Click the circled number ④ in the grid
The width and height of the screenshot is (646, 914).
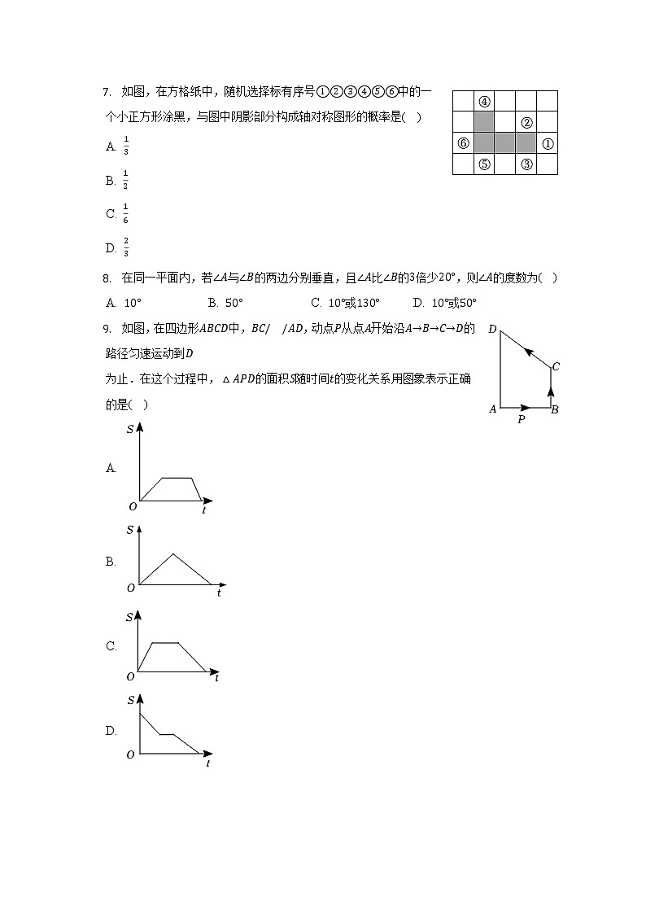(x=484, y=102)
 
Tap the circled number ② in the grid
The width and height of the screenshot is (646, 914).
(x=526, y=123)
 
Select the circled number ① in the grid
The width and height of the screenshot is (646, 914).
(x=548, y=144)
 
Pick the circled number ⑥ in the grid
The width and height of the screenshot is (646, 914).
(x=463, y=144)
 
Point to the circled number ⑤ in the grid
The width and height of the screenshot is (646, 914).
(x=484, y=164)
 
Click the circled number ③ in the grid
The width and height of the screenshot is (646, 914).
(x=526, y=164)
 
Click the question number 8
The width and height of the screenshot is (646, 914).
(x=107, y=278)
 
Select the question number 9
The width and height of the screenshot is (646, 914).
(x=107, y=329)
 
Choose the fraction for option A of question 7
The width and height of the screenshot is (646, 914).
(x=126, y=146)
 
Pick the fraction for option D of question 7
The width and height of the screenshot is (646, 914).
(x=126, y=247)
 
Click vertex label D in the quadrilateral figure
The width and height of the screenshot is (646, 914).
(x=492, y=329)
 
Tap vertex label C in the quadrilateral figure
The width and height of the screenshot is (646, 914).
(x=556, y=366)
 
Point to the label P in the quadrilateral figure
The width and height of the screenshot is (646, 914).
(x=522, y=420)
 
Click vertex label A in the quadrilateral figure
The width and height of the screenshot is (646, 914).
(x=492, y=409)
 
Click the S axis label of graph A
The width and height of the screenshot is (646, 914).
(x=130, y=429)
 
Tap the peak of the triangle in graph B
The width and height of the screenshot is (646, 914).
(x=172, y=554)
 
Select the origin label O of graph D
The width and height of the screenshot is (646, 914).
(x=130, y=755)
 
